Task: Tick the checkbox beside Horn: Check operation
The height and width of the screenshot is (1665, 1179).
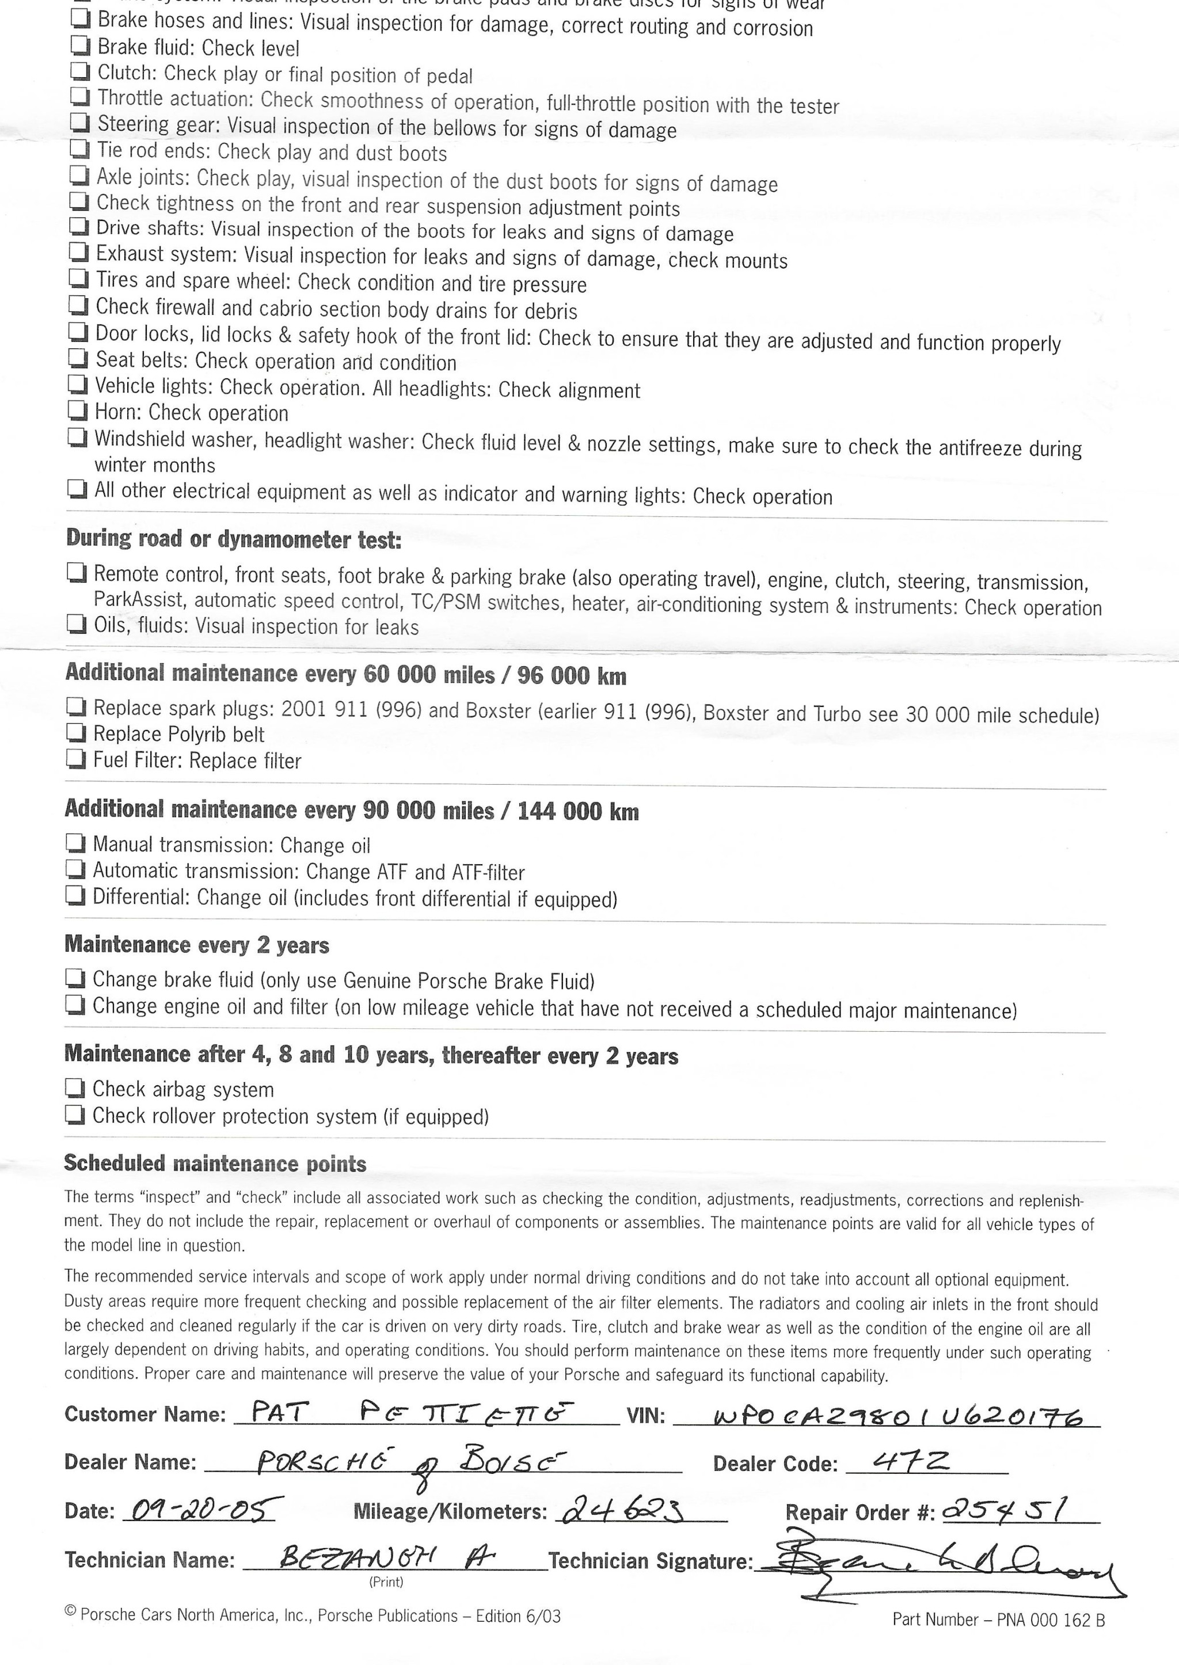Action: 77,411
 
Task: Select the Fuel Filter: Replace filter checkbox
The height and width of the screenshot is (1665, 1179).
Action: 75,759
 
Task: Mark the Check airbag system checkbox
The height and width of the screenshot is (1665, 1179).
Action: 74,1088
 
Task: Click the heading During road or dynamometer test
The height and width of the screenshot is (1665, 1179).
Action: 233,539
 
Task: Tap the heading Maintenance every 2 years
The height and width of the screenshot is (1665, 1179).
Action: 197,945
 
